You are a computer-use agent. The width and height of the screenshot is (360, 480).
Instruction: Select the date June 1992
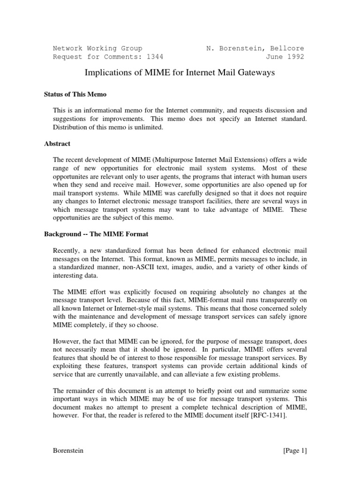[x=285, y=57]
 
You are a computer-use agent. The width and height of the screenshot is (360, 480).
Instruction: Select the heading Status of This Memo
[x=75, y=94]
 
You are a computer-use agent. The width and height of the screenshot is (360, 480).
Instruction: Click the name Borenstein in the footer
[x=68, y=451]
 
